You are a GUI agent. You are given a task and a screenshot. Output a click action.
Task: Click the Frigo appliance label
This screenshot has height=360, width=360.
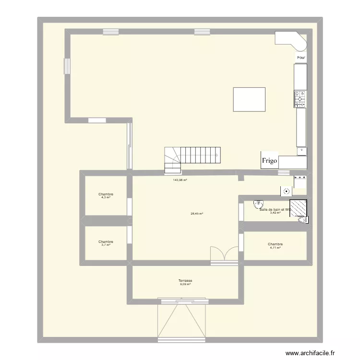[269, 162]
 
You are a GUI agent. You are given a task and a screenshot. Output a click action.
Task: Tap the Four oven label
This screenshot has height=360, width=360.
[301, 58]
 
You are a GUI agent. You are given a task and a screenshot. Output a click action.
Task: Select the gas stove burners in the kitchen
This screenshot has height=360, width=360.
[300, 98]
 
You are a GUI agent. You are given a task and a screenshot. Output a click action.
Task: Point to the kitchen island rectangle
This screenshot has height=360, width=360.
[249, 99]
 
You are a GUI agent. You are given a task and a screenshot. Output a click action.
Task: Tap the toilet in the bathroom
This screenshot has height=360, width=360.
[302, 220]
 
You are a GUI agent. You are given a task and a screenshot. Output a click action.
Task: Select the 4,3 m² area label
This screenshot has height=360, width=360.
[106, 197]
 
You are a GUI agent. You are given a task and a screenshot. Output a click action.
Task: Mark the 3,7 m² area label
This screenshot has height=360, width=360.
[106, 245]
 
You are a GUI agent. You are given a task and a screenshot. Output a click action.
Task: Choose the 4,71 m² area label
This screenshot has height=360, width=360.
[275, 248]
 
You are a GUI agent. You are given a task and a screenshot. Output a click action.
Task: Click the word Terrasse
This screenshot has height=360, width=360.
[185, 280]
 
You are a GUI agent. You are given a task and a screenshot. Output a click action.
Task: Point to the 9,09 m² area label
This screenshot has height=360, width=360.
[185, 284]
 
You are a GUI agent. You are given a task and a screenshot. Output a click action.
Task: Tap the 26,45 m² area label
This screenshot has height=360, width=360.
[197, 214]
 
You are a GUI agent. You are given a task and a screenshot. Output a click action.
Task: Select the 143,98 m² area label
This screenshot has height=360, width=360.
[180, 180]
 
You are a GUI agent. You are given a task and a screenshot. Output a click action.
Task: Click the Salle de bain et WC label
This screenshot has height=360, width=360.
[275, 209]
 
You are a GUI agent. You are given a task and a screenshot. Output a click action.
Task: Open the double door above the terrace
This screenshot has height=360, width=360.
[224, 254]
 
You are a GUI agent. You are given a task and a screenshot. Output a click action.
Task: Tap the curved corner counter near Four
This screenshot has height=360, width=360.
[292, 41]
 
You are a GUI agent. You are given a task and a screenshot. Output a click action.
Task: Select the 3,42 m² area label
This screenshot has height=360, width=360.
[275, 213]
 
